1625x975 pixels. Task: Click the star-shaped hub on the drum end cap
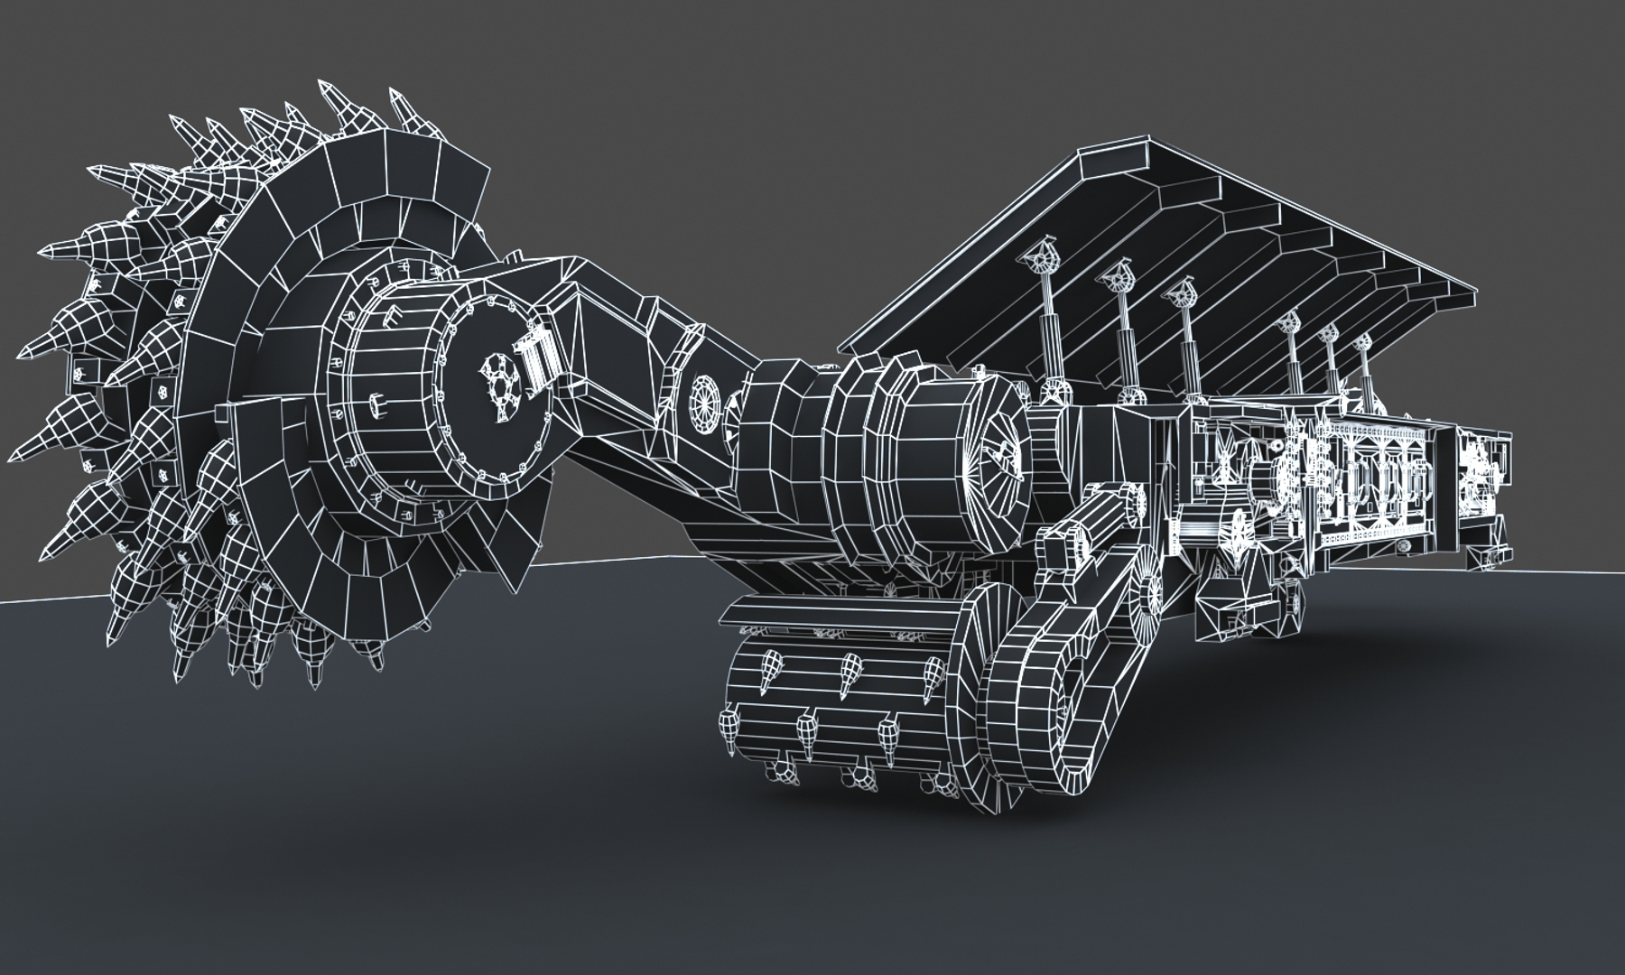(499, 385)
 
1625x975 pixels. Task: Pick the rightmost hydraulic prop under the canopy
(1364, 361)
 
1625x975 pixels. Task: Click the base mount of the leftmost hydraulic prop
(1052, 393)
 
